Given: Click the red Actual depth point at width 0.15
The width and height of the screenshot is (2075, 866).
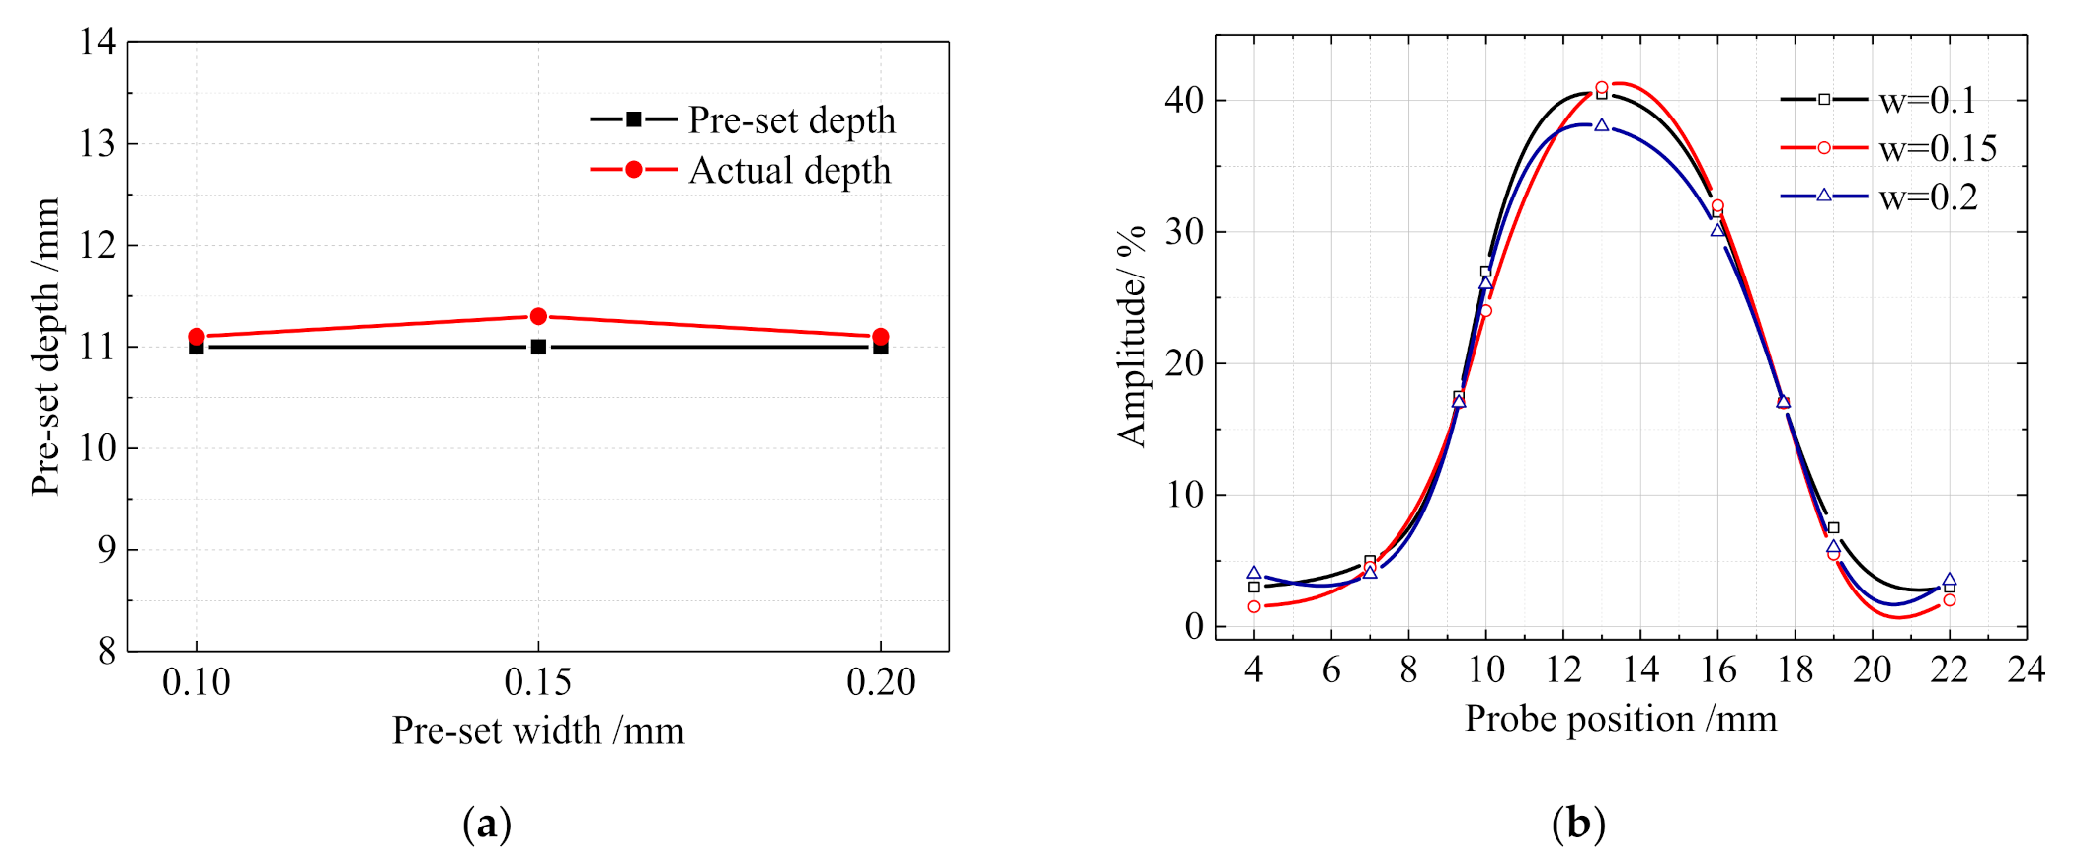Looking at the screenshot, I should click(538, 316).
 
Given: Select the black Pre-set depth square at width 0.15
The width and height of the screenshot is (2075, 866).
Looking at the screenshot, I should click(538, 347).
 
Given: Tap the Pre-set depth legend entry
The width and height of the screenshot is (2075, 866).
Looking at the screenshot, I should click(743, 119).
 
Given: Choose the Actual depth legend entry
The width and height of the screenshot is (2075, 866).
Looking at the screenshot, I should click(741, 170).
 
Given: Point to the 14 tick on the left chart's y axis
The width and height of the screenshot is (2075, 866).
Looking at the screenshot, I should click(98, 41).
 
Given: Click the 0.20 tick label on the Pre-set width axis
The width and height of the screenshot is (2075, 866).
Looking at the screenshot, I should click(880, 681).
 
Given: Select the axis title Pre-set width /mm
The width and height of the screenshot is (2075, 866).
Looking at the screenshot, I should click(538, 731).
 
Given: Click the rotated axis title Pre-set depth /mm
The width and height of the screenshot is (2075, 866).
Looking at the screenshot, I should click(45, 346).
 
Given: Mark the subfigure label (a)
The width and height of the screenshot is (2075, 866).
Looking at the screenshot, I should click(487, 823).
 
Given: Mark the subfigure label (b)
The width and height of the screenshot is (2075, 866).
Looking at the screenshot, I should click(1578, 823).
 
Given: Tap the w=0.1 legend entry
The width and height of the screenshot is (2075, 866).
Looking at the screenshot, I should click(1877, 100).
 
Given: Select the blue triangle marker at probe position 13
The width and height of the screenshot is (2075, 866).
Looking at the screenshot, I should click(1602, 125).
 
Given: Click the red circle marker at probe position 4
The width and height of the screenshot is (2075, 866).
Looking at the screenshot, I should click(1254, 606).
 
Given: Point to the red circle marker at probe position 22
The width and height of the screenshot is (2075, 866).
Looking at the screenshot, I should click(1949, 599).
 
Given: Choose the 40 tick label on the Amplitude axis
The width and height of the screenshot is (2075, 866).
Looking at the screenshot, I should click(1184, 100).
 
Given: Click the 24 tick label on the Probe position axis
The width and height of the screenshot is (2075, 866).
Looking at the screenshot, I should click(2026, 669).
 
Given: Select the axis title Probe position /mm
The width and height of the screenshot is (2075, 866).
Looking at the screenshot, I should click(1621, 719).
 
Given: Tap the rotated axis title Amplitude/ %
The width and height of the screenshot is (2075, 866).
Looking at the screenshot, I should click(1132, 336).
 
